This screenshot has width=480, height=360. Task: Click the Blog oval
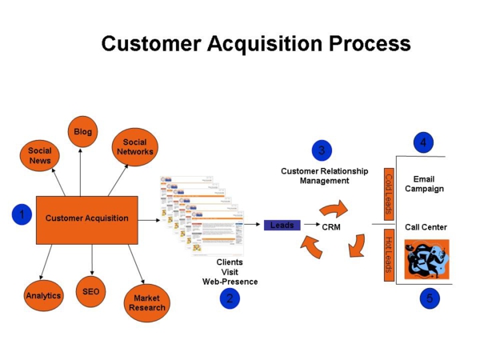click(x=82, y=132)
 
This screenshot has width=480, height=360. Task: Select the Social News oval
click(x=40, y=155)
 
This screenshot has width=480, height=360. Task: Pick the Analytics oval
click(x=43, y=296)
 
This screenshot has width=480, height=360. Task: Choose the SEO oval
click(x=91, y=292)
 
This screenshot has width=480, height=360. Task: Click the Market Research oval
click(x=147, y=303)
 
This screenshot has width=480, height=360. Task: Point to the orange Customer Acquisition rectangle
click(x=86, y=218)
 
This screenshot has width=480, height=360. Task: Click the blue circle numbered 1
click(x=22, y=214)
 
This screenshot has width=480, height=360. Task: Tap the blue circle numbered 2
click(x=230, y=298)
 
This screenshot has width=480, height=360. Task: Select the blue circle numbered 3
click(x=322, y=150)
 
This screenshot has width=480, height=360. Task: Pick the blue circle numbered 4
click(x=423, y=143)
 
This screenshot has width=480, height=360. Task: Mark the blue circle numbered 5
click(x=430, y=298)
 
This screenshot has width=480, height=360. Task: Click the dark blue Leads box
click(x=282, y=226)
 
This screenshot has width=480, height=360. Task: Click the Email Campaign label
click(x=424, y=184)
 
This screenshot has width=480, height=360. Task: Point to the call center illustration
click(x=426, y=258)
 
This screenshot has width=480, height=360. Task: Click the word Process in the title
click(x=365, y=44)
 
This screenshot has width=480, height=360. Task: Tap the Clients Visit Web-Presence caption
click(x=230, y=272)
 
